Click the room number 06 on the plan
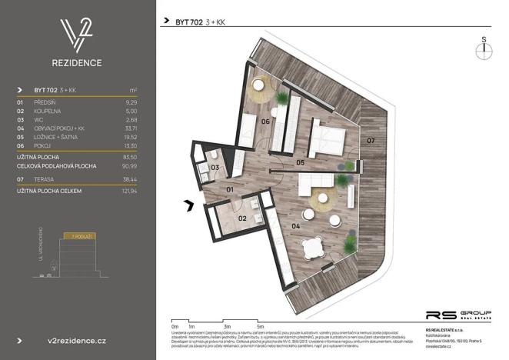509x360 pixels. (x=264, y=122)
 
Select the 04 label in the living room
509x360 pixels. (x=296, y=228)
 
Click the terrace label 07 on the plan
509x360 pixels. (x=370, y=141)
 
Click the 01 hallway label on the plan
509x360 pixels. (x=230, y=189)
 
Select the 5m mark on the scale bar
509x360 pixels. (x=261, y=326)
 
